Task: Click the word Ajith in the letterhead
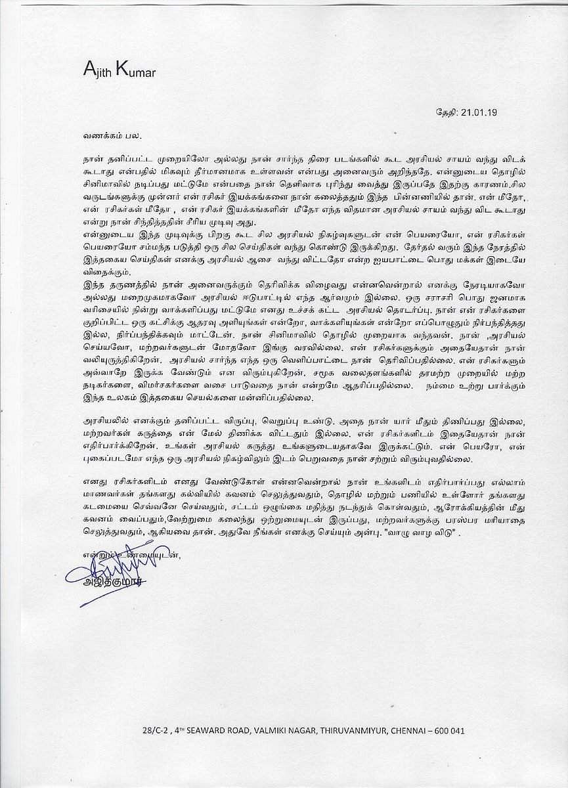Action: (x=98, y=70)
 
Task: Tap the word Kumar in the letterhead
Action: (x=136, y=70)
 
